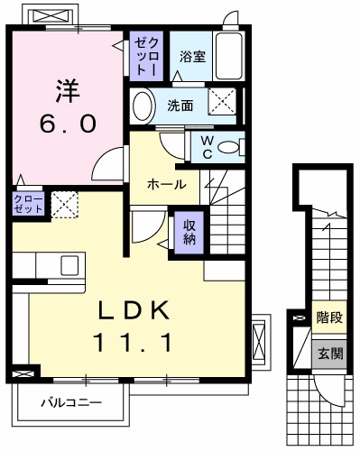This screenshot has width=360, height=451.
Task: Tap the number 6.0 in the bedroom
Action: pos(66,124)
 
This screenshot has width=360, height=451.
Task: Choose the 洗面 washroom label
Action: pos(180,105)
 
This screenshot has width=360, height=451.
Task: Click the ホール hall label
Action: pos(167,184)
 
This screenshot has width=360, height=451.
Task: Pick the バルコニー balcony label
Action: pos(70,403)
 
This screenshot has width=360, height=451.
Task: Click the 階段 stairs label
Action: pos(328,318)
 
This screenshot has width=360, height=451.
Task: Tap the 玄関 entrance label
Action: pos(328,353)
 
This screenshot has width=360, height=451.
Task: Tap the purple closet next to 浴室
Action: pos(147,56)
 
